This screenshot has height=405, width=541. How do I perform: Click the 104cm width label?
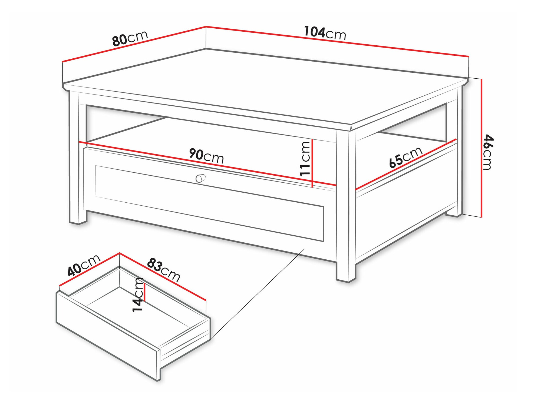pyautogui.click(x=325, y=34)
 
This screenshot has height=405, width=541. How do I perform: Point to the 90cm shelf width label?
pyautogui.click(x=206, y=156)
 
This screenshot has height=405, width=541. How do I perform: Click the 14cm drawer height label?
pyautogui.click(x=138, y=295)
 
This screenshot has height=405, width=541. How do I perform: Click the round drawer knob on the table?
pyautogui.click(x=200, y=178)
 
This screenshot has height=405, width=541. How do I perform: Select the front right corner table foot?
pyautogui.click(x=346, y=274)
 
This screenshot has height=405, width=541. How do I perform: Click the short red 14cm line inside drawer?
pyautogui.click(x=145, y=292)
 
